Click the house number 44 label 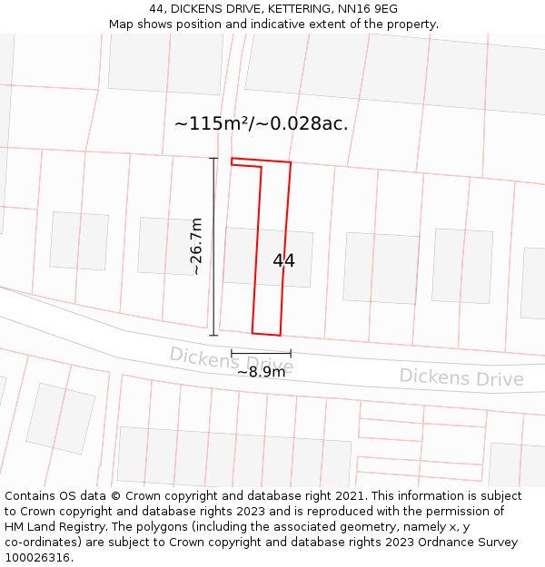point(283,260)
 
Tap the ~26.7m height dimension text point(196,246)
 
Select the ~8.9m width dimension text point(261,372)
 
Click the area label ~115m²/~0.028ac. point(261,124)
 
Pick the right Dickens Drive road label point(461,376)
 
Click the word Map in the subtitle point(122,24)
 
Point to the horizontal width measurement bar point(261,353)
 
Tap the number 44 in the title point(156,9)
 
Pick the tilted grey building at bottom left point(60,417)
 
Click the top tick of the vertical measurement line point(214,159)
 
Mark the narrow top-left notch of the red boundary point(246,163)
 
